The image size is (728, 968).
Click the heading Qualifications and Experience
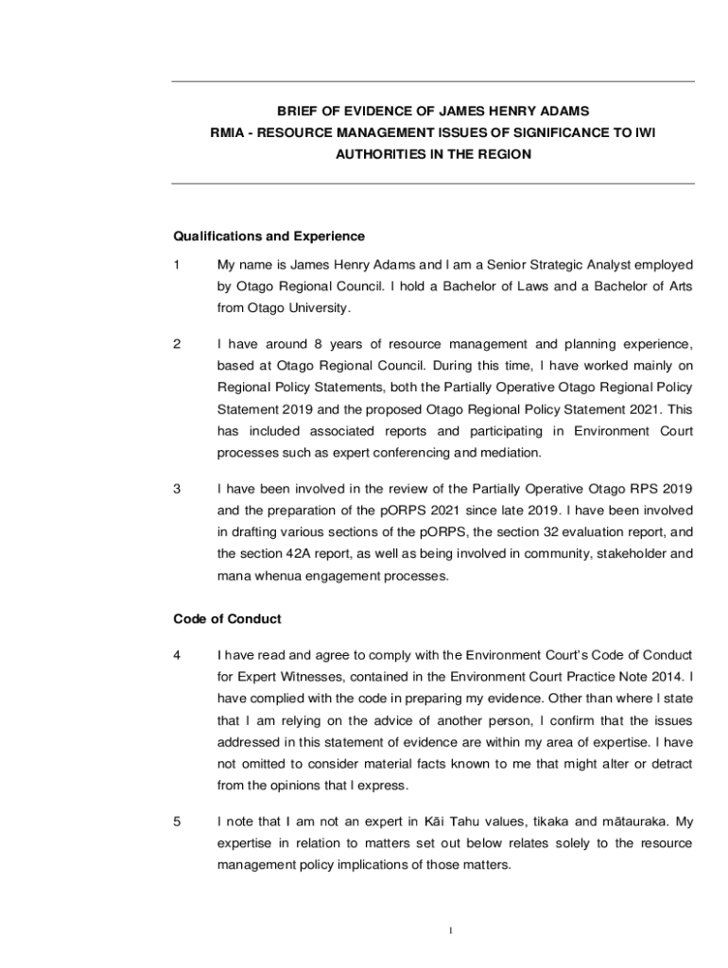pos(269,235)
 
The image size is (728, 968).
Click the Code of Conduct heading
pos(227,618)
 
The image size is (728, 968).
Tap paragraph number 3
pos(177,489)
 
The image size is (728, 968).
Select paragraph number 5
pos(177,821)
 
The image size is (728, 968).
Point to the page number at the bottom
pos(451,931)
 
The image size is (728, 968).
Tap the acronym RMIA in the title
pos(227,132)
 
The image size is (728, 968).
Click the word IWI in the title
pos(643,132)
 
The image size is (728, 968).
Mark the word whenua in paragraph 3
pos(275,574)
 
